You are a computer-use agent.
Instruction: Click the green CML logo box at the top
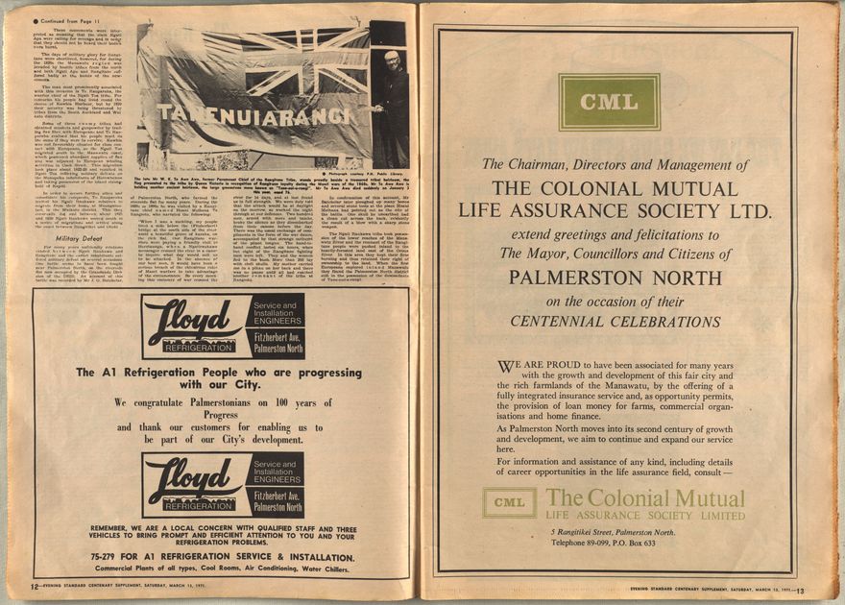coord(609,102)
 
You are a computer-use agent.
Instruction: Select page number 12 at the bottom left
coord(35,586)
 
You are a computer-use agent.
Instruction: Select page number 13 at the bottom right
coord(799,590)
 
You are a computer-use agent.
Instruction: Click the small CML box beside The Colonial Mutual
coord(509,502)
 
